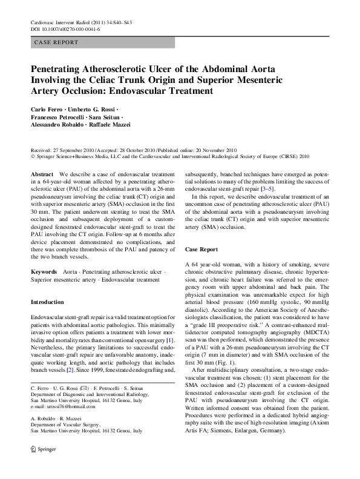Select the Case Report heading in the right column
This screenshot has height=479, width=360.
tap(201, 249)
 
